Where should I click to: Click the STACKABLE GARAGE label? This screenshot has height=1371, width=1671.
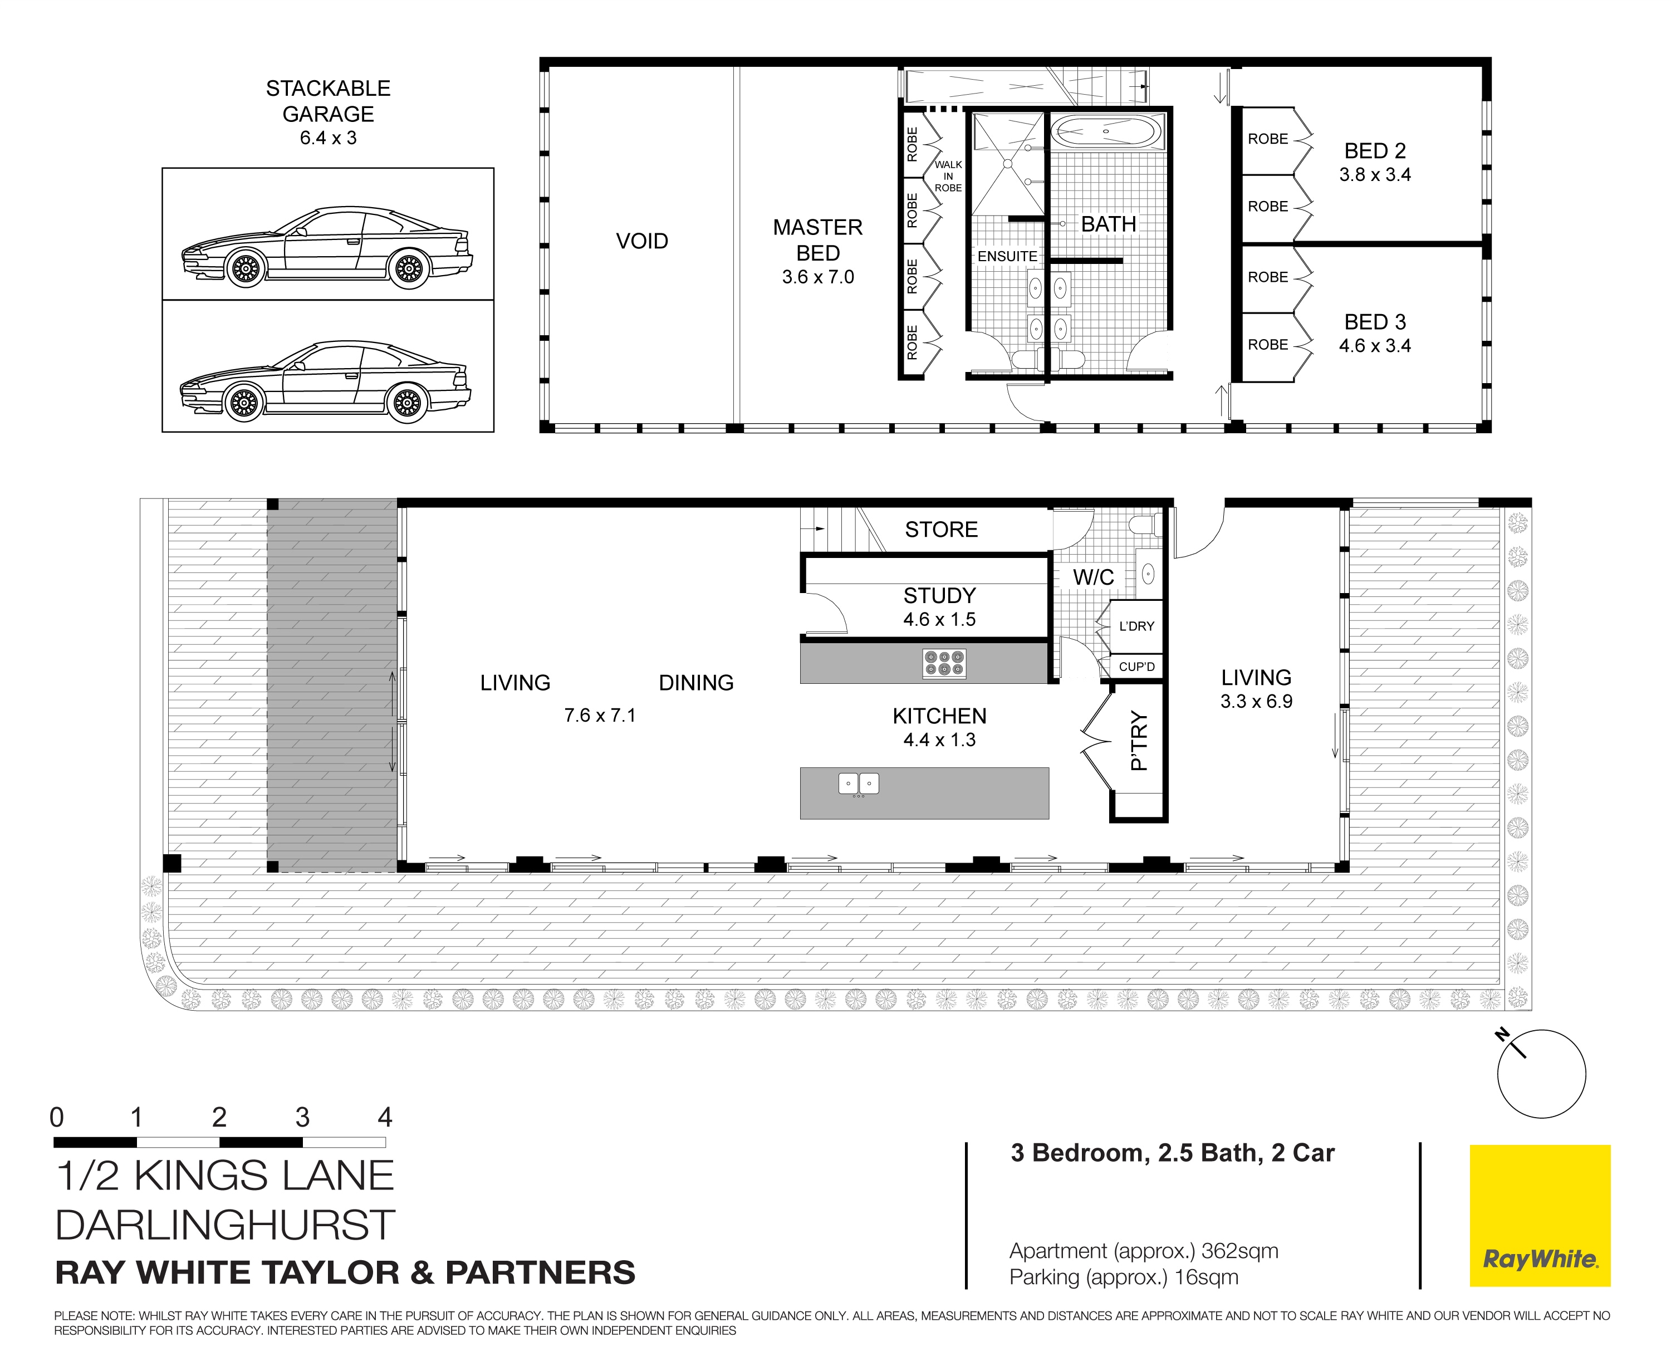pyautogui.click(x=328, y=101)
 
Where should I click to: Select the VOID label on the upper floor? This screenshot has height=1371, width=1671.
pyautogui.click(x=641, y=241)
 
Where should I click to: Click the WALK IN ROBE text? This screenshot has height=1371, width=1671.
pyautogui.click(x=948, y=176)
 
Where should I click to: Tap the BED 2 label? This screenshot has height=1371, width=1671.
pyautogui.click(x=1374, y=151)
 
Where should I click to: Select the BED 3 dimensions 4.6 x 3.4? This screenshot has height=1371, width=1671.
pyautogui.click(x=1374, y=346)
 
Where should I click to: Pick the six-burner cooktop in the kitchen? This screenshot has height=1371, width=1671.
pyautogui.click(x=944, y=663)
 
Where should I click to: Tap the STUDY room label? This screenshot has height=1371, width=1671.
pyautogui.click(x=939, y=595)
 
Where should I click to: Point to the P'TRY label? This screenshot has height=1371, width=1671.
pyautogui.click(x=1138, y=740)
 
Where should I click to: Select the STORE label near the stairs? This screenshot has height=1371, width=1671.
pyautogui.click(x=940, y=529)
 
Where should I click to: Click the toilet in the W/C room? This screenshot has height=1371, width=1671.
pyautogui.click(x=1144, y=525)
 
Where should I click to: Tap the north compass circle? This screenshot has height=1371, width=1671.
pyautogui.click(x=1541, y=1074)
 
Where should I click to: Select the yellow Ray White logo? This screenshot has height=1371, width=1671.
pyautogui.click(x=1539, y=1216)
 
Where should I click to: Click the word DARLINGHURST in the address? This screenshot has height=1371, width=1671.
pyautogui.click(x=225, y=1225)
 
